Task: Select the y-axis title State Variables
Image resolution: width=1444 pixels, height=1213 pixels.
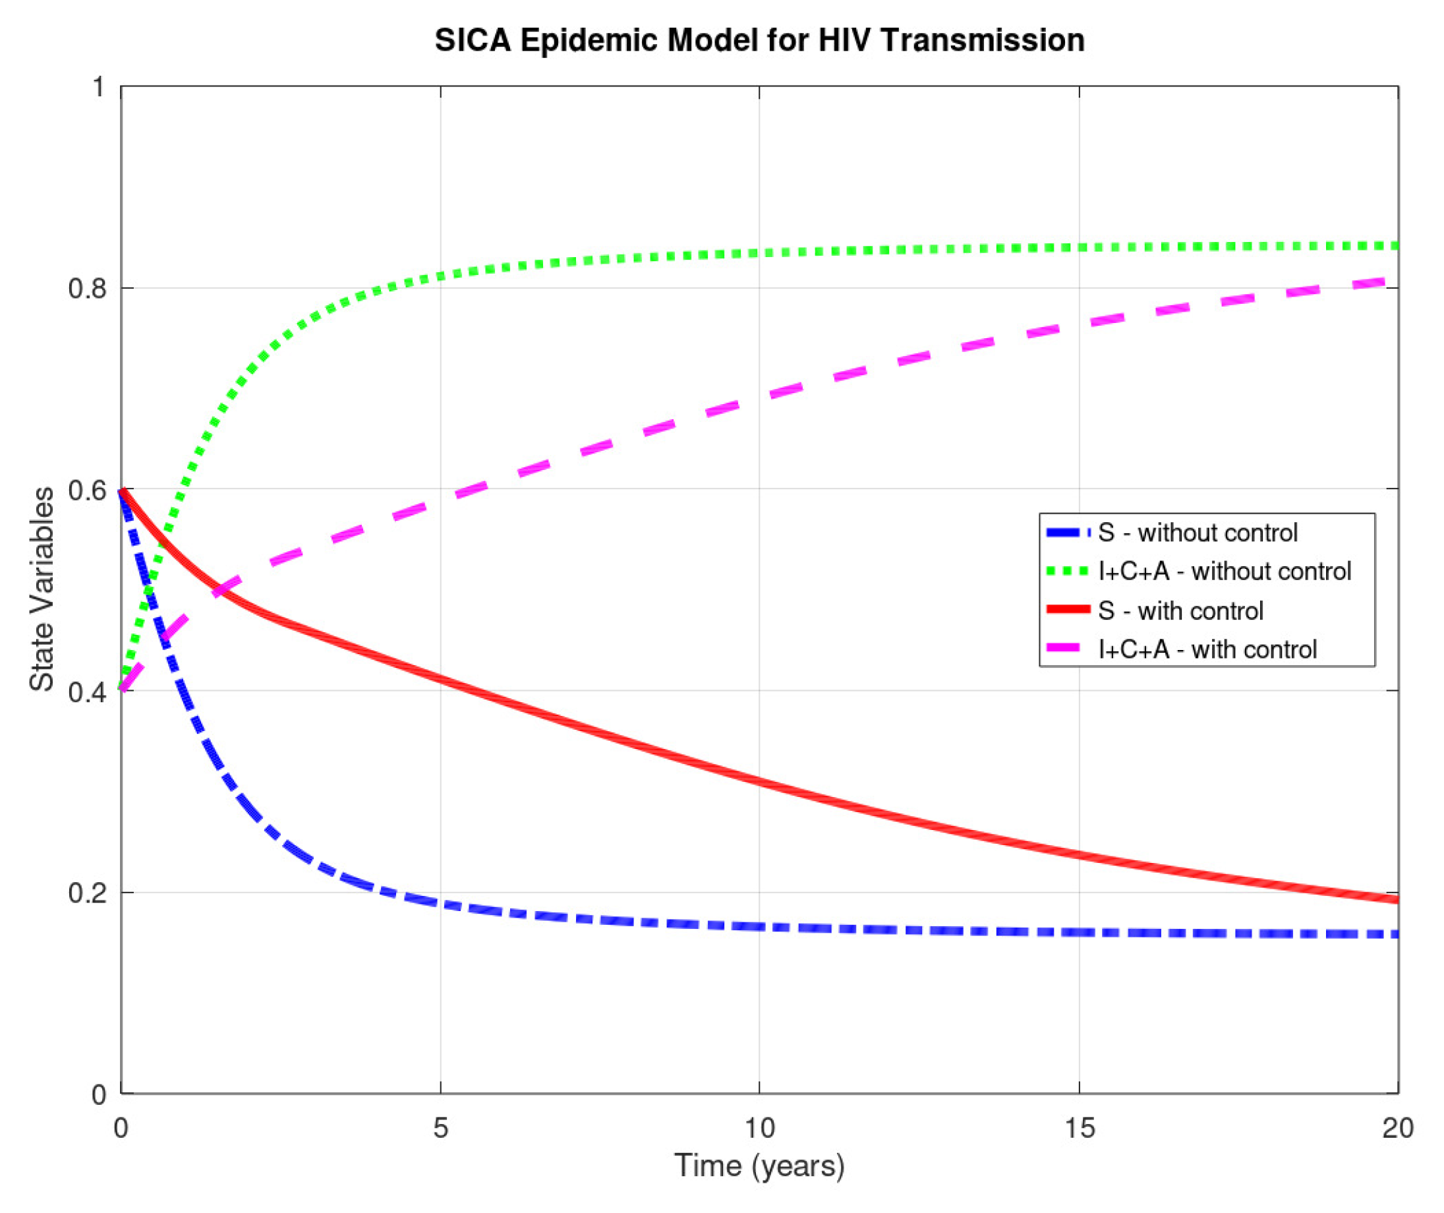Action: (42, 589)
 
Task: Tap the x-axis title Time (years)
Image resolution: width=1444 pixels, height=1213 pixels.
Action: (759, 1165)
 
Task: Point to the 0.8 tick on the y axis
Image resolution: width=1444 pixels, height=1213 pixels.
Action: (88, 288)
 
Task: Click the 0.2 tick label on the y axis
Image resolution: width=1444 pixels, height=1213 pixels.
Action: (88, 893)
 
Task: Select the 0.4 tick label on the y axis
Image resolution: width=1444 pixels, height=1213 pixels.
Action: (88, 692)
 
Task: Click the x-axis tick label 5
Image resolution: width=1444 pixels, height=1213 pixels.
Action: (440, 1128)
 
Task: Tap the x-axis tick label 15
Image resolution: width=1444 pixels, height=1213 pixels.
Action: (1079, 1128)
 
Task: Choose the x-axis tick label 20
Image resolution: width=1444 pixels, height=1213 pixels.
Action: (1397, 1128)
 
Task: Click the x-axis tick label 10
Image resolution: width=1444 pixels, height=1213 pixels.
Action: (759, 1128)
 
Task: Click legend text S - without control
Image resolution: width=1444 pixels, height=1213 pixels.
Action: (1197, 532)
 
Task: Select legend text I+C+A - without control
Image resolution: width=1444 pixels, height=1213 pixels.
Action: (1224, 572)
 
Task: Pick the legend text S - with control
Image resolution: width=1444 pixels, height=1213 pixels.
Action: (1180, 610)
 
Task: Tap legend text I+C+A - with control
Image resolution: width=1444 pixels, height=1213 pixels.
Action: (1207, 649)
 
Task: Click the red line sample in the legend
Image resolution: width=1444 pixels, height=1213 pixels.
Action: (1068, 609)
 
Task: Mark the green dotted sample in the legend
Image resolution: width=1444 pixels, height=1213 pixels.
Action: (1068, 571)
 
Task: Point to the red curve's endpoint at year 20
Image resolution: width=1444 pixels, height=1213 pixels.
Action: (1396, 899)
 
